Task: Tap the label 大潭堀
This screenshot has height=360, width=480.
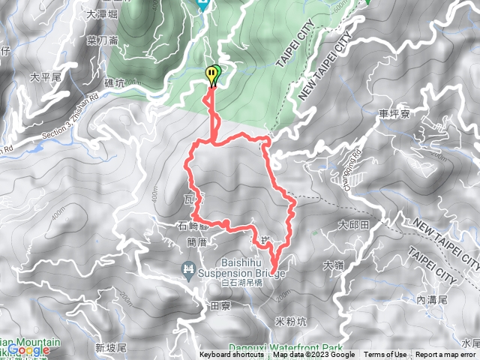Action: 103,13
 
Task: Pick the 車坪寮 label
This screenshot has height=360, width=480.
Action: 394,114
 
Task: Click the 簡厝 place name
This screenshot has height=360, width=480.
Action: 196,242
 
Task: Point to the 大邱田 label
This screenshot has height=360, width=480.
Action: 354,224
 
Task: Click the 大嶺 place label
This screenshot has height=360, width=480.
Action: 333,264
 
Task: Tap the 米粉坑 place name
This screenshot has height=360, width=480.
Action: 291,322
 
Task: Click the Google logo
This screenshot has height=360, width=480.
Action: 28,350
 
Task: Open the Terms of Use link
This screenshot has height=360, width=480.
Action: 385,355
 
